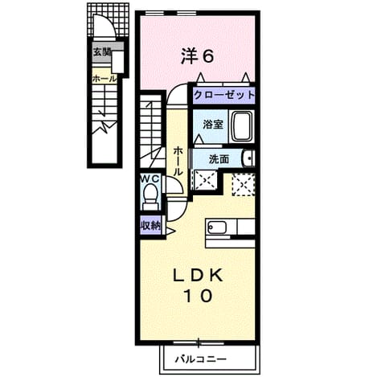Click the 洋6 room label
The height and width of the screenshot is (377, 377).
point(198,56)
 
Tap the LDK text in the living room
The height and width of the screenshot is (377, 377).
point(198,275)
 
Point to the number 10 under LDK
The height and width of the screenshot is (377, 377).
point(199,296)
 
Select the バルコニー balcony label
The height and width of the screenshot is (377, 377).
point(201,359)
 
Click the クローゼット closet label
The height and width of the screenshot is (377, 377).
point(224,95)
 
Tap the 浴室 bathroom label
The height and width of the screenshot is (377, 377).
point(213,125)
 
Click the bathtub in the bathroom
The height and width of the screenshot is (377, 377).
point(242,126)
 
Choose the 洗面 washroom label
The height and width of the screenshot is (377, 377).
point(219,159)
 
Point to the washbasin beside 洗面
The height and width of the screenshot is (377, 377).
point(248,158)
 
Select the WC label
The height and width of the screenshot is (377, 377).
point(150,178)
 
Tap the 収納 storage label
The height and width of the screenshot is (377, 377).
point(150,226)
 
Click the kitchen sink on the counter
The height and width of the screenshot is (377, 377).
point(217,227)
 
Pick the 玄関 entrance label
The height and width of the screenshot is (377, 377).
point(102,52)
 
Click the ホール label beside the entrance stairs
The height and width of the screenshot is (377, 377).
point(104,79)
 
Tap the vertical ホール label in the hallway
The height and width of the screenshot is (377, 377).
point(178,161)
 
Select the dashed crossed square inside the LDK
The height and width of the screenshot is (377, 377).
point(243,185)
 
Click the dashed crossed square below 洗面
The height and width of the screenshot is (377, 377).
point(205,180)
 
